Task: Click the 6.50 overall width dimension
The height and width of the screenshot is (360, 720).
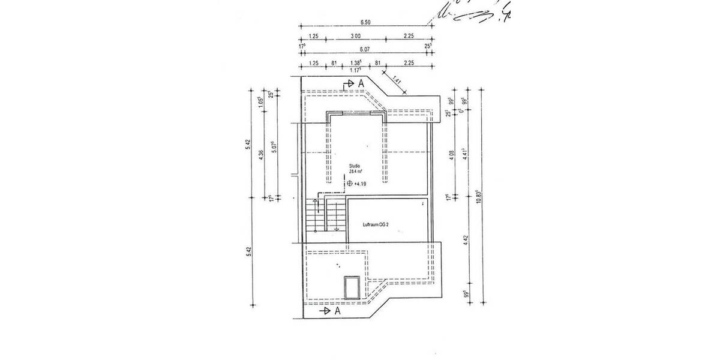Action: point(365,22)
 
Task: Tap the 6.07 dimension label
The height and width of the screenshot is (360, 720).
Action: point(365,49)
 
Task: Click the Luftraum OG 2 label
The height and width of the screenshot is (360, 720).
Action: point(377,224)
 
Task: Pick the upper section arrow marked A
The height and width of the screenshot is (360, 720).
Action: point(353,84)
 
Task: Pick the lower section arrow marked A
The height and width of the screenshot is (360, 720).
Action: point(330,311)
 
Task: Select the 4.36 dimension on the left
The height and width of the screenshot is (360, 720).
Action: point(260,154)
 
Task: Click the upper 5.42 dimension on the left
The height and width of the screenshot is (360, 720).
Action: point(247,144)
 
